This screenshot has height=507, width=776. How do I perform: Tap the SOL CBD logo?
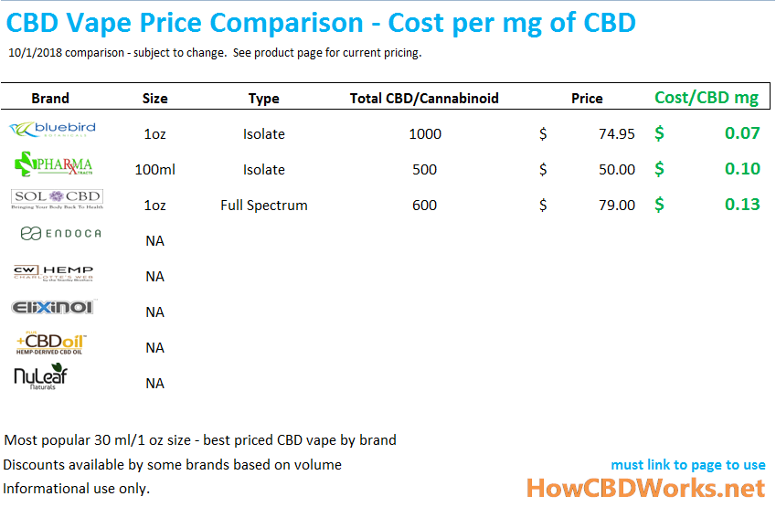56,199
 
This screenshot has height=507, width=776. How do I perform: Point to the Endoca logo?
60,234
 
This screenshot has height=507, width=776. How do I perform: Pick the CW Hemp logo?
53,273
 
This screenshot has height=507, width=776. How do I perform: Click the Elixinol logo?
52,308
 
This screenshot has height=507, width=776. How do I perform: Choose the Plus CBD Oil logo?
51,343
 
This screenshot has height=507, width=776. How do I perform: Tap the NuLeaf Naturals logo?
40,377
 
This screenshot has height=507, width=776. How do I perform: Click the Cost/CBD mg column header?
707,98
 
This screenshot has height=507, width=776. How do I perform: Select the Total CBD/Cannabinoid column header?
424,98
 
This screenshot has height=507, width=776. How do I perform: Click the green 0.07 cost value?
742,133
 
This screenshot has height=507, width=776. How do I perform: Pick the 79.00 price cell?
617,205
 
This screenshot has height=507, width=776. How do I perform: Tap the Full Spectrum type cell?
263,205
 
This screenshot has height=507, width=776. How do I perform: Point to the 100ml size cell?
154,169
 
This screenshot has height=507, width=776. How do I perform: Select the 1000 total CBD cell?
424,133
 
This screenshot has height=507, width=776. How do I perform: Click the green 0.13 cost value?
742,205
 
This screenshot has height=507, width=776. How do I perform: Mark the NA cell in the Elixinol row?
154,312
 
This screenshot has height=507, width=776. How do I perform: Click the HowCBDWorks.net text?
644,489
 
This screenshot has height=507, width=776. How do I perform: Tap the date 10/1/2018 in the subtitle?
35,53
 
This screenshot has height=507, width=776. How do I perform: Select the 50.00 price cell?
617,169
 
